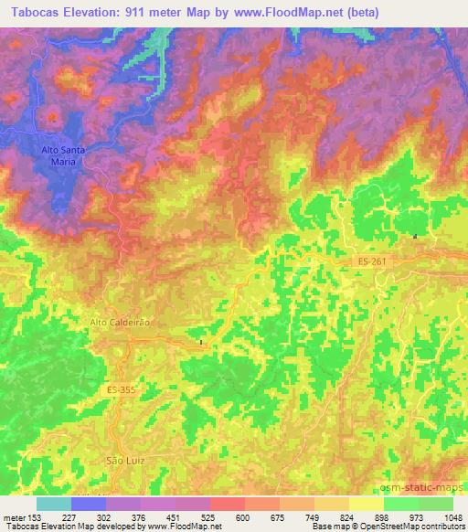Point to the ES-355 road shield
click(120, 390)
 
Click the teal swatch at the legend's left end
click(54, 504)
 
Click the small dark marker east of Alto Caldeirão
click(201, 343)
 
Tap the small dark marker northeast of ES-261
click(416, 237)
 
